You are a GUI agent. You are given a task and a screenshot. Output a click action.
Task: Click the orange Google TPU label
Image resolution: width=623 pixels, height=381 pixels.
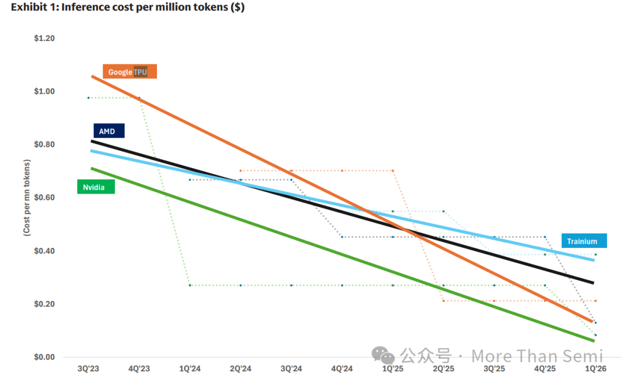tap(130, 72)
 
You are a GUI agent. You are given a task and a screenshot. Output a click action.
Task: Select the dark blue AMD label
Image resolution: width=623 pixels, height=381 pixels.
tap(108, 131)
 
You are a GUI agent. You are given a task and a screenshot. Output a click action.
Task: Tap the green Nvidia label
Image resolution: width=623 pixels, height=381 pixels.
tap(96, 187)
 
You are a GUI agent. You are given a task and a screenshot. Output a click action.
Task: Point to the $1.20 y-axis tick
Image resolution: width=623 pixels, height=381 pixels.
tap(44, 38)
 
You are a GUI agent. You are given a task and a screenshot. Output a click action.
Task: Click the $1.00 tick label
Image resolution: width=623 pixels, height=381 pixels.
tap(44, 91)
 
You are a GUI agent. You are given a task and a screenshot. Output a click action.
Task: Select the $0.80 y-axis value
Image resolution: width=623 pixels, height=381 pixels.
tap(44, 144)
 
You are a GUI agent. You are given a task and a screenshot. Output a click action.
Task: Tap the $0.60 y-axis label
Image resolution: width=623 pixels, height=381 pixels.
tap(44, 198)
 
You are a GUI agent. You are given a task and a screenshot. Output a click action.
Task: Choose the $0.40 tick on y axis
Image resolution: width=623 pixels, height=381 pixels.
tap(44, 251)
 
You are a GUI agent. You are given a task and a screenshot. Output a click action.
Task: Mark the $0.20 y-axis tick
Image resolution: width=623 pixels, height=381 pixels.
tap(44, 304)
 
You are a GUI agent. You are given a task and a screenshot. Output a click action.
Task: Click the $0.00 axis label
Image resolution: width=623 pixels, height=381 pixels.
tap(44, 357)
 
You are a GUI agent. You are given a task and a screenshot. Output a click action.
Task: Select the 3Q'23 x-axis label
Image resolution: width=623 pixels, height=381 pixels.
tap(88, 369)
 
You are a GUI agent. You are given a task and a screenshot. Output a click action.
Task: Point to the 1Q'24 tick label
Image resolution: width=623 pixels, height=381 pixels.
tap(190, 369)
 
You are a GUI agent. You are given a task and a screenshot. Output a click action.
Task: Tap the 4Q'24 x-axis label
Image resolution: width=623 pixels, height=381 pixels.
tap(342, 369)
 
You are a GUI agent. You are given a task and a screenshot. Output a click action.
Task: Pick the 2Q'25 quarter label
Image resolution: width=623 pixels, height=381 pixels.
tap(444, 369)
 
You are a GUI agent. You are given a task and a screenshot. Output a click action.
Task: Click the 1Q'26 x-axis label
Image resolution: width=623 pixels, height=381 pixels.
tap(595, 369)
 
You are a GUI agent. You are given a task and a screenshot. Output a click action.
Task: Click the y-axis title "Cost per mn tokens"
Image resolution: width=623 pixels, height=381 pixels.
tap(27, 198)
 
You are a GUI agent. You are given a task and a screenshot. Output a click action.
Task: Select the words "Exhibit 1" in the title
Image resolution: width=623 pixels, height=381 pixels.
tap(31, 8)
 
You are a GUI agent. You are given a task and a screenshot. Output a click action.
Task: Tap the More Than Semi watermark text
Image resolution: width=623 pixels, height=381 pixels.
tap(537, 356)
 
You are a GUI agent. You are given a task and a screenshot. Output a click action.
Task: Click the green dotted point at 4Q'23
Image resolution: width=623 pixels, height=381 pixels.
tap(139, 98)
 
